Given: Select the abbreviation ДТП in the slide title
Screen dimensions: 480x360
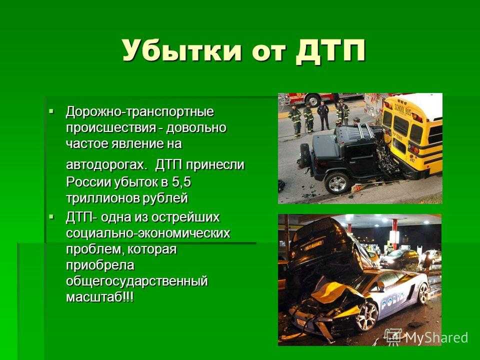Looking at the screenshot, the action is (330, 51).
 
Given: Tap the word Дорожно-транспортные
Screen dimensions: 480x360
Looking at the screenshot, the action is (139, 111).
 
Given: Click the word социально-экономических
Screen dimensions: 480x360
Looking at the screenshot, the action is (148, 233).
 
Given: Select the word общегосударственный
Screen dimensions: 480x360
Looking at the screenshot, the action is (137, 281).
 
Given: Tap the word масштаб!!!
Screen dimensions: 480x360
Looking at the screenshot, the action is (100, 297).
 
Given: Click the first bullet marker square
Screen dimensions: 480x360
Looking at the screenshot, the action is (51, 109).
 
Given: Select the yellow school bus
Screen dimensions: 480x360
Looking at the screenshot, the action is (411, 134).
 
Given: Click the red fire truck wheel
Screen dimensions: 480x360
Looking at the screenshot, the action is (313, 100).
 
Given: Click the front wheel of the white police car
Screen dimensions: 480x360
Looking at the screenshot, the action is (366, 316).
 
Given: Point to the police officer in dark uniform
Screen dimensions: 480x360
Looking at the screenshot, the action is (323, 115).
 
